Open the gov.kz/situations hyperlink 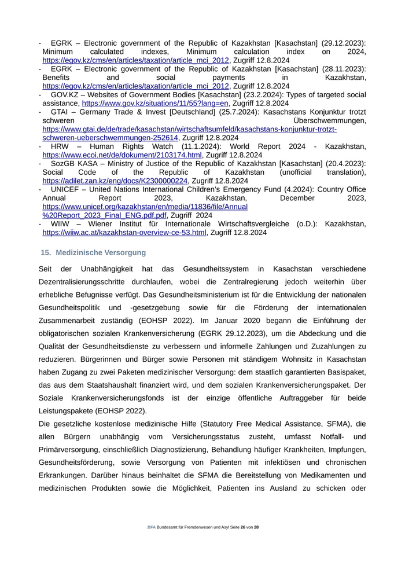point(156,103)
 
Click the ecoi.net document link point(122,155)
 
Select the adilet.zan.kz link point(115,181)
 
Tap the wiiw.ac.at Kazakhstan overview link point(124,232)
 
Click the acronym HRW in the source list point(60,146)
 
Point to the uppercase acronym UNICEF point(67,189)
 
